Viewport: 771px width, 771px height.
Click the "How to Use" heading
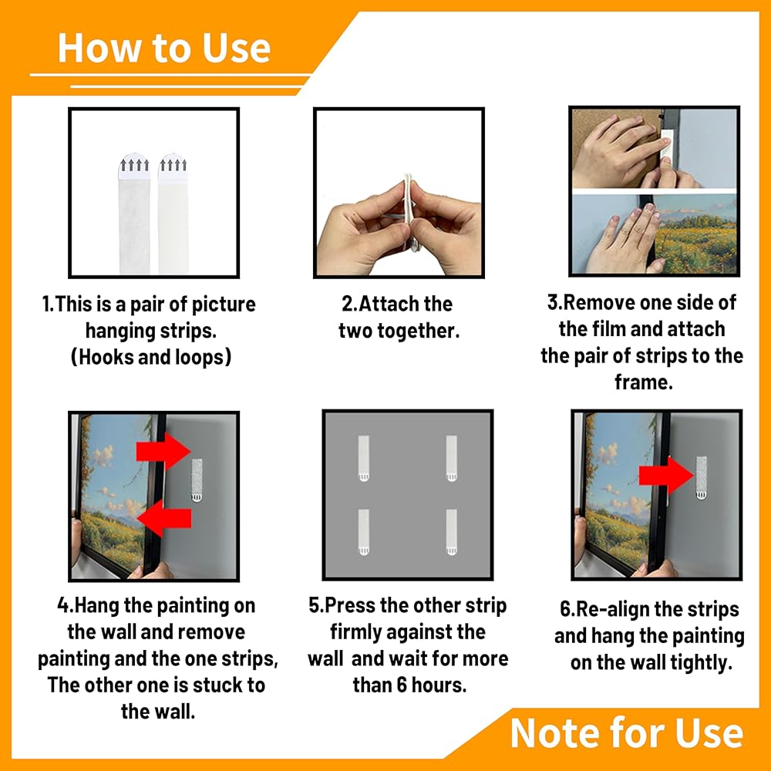[x=163, y=48]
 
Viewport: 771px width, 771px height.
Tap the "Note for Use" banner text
[x=626, y=733]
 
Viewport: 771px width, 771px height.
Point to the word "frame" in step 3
[x=643, y=382]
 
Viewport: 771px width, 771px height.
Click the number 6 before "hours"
[x=402, y=685]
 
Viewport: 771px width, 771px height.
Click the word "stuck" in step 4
[x=215, y=685]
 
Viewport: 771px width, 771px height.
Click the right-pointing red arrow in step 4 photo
[x=163, y=451]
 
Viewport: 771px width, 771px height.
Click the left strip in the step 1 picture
[x=134, y=214]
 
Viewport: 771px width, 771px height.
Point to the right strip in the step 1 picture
[x=173, y=214]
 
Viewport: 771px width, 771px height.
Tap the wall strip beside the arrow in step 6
[x=701, y=477]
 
